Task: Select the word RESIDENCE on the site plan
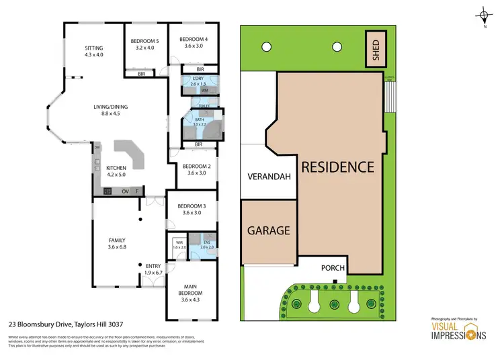coord(336,166)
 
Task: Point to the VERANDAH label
coord(268,178)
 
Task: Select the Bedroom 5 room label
coord(144,44)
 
